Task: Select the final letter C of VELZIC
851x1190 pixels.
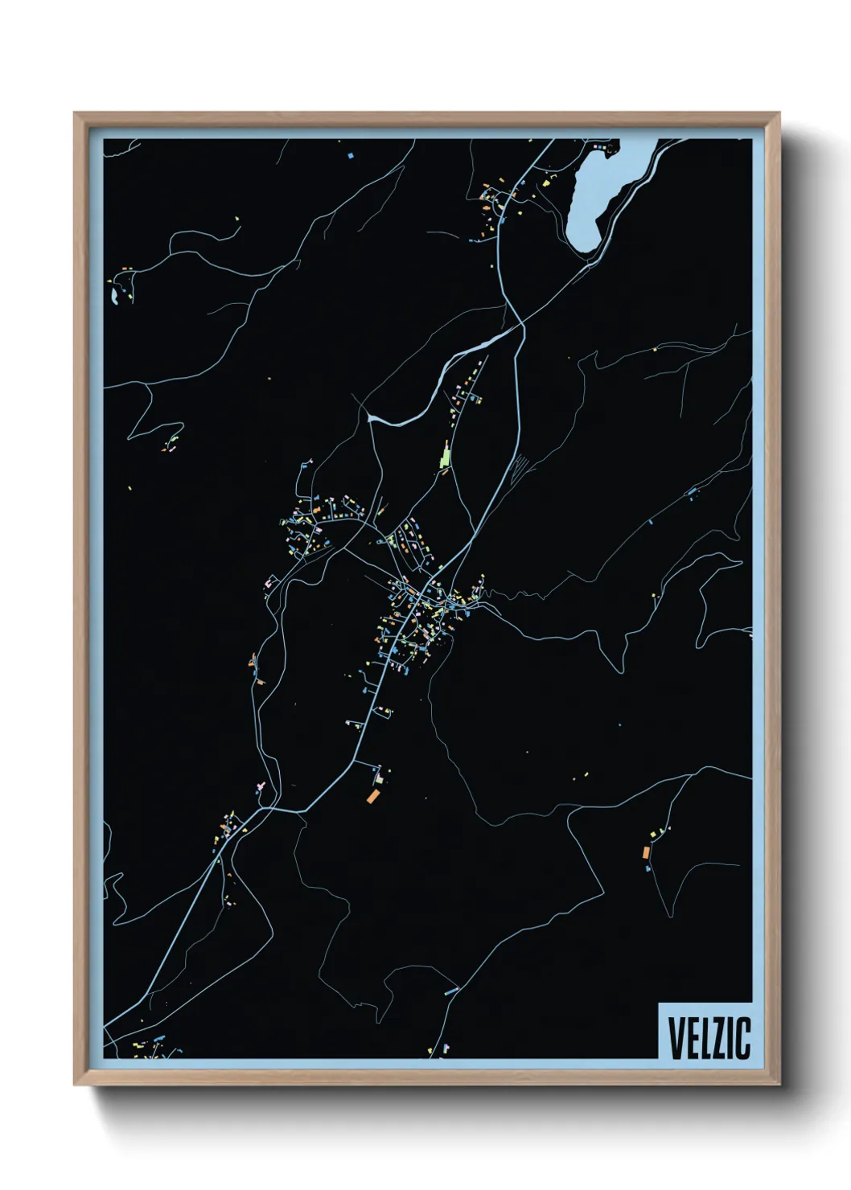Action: pyautogui.click(x=743, y=1038)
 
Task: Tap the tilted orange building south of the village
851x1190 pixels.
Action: pyautogui.click(x=372, y=797)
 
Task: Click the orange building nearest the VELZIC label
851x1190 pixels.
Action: pyautogui.click(x=646, y=851)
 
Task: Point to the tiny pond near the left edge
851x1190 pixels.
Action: pyautogui.click(x=115, y=297)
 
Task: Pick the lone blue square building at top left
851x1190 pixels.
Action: pyautogui.click(x=351, y=154)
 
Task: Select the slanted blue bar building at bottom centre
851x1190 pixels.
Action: pyautogui.click(x=451, y=991)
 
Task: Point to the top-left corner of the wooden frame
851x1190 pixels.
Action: pyautogui.click(x=75, y=113)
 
